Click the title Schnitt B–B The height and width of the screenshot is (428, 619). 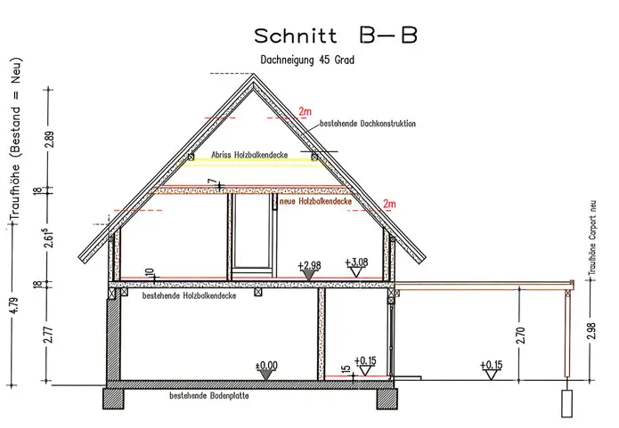336,36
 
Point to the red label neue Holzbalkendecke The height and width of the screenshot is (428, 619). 314,202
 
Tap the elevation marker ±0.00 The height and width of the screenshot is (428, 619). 266,365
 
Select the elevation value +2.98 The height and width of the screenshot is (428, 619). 311,265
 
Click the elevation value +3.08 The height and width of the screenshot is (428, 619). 356,262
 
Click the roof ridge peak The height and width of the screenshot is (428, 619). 257,77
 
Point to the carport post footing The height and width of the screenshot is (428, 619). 566,403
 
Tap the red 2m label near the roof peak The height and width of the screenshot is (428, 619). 305,111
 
